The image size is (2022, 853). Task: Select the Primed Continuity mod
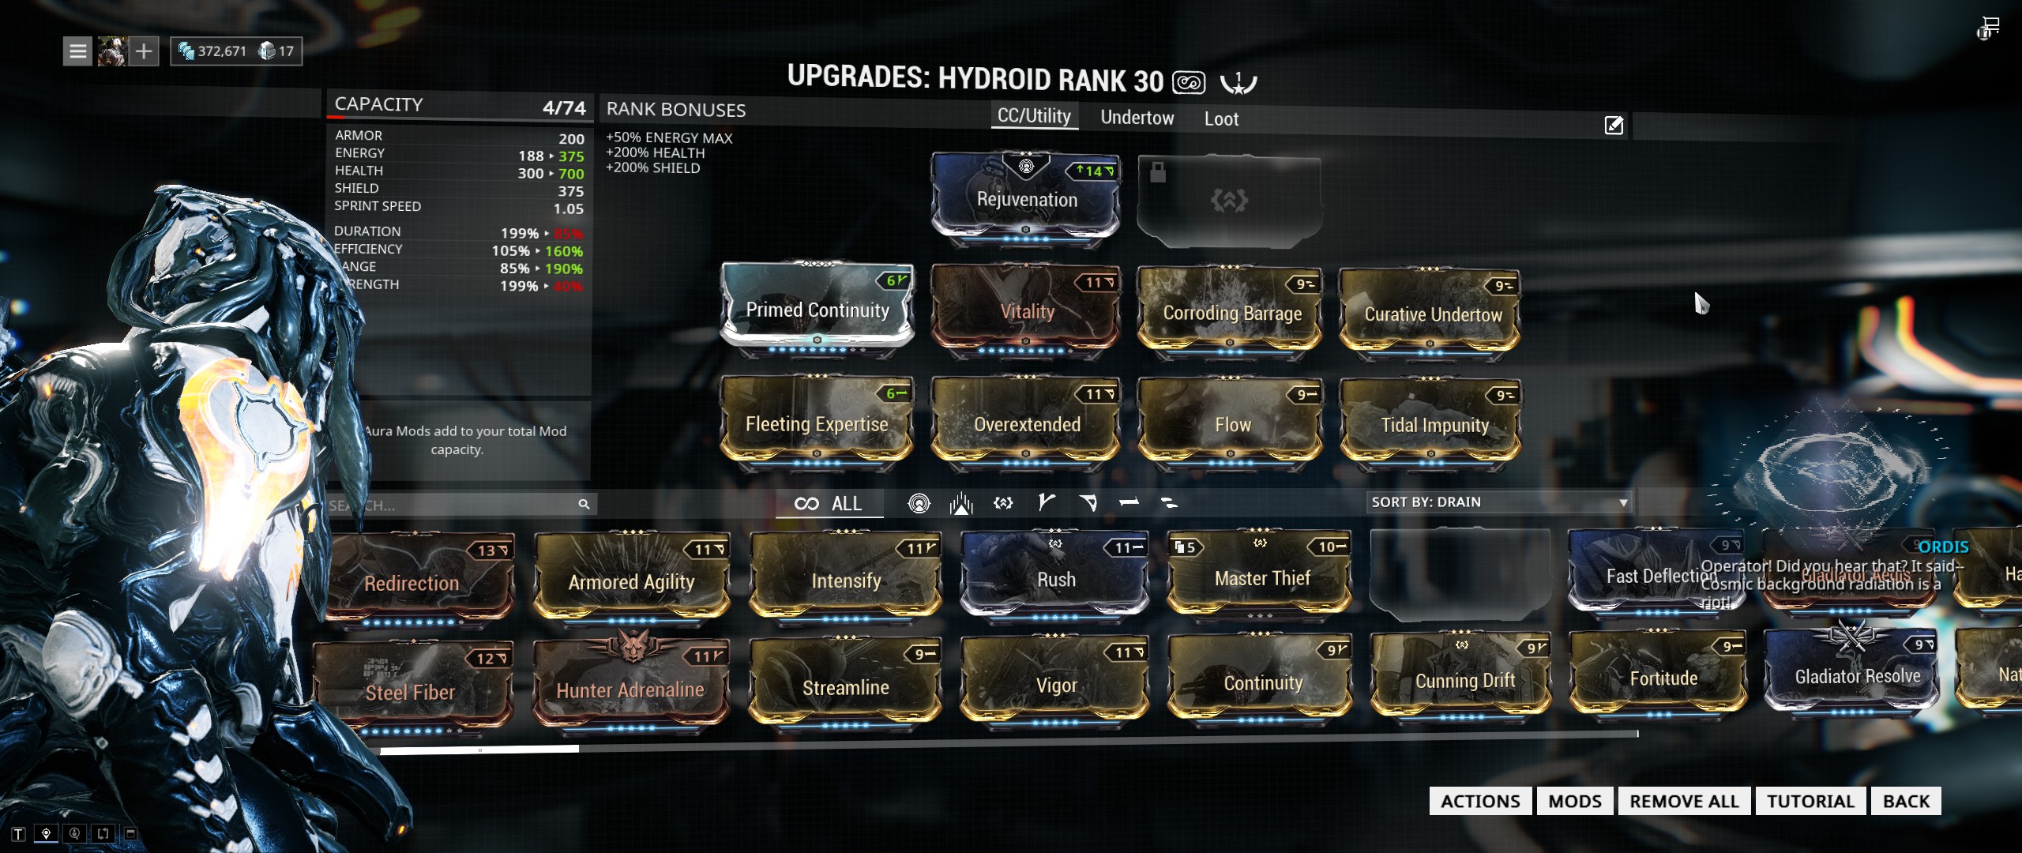pos(817,310)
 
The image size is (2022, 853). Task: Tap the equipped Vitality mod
pos(1026,311)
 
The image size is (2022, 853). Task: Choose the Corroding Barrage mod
pos(1231,313)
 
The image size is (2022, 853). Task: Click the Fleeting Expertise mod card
pos(817,424)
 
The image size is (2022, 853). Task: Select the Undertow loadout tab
pos(1137,118)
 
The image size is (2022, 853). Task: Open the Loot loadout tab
pos(1221,119)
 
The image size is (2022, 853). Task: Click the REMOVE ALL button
pos(1684,801)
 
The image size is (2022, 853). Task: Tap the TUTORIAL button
pos(1810,801)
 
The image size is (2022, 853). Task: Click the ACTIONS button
pos(1480,801)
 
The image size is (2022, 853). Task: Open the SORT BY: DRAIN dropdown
pos(1498,502)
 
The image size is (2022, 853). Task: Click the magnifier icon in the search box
pos(584,504)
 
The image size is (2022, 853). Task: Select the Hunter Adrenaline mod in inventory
pos(630,689)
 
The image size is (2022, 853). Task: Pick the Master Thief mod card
pos(1261,578)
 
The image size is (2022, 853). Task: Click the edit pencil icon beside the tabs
pos(1614,125)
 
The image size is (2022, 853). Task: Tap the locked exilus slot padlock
pos(1158,172)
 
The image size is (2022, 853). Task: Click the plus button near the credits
pos(144,51)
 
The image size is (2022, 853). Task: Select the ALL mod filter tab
pos(829,504)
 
